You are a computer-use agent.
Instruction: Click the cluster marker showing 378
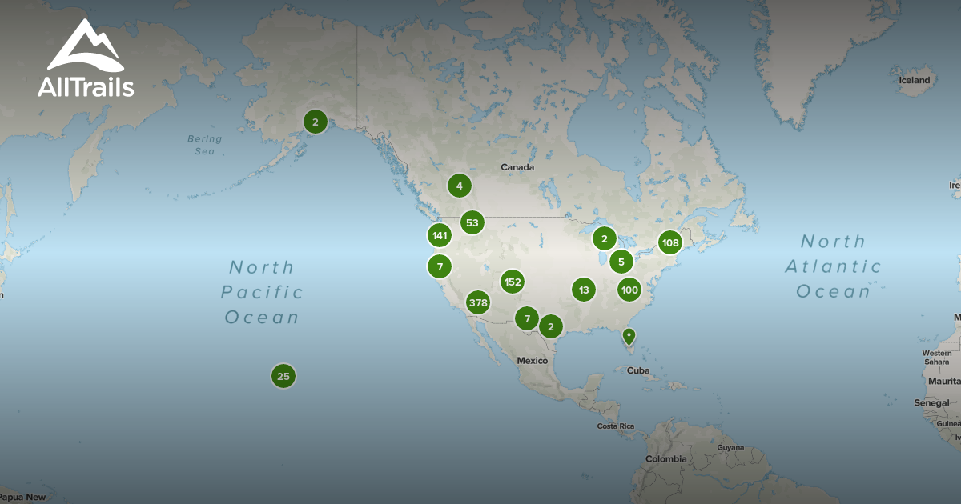478,302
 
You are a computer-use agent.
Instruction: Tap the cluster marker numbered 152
513,282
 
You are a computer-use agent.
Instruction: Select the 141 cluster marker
439,235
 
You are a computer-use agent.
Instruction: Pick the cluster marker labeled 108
670,242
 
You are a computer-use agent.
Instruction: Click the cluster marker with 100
629,290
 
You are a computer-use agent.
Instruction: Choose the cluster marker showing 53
472,222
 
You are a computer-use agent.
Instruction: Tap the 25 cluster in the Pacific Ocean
283,375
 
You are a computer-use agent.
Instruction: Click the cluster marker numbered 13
584,290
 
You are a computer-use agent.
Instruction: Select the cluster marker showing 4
459,186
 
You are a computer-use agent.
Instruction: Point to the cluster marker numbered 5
621,261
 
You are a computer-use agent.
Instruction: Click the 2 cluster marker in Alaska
316,122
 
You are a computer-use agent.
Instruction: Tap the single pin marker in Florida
629,337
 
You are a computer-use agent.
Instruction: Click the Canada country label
517,168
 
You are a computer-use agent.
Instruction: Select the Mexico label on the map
532,361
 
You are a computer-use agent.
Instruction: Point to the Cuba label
637,370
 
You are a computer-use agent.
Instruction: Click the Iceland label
914,80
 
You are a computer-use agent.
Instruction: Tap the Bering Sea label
204,144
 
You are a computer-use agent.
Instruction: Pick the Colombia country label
667,459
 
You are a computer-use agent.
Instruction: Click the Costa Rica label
616,426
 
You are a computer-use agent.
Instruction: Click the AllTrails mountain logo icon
85,47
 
